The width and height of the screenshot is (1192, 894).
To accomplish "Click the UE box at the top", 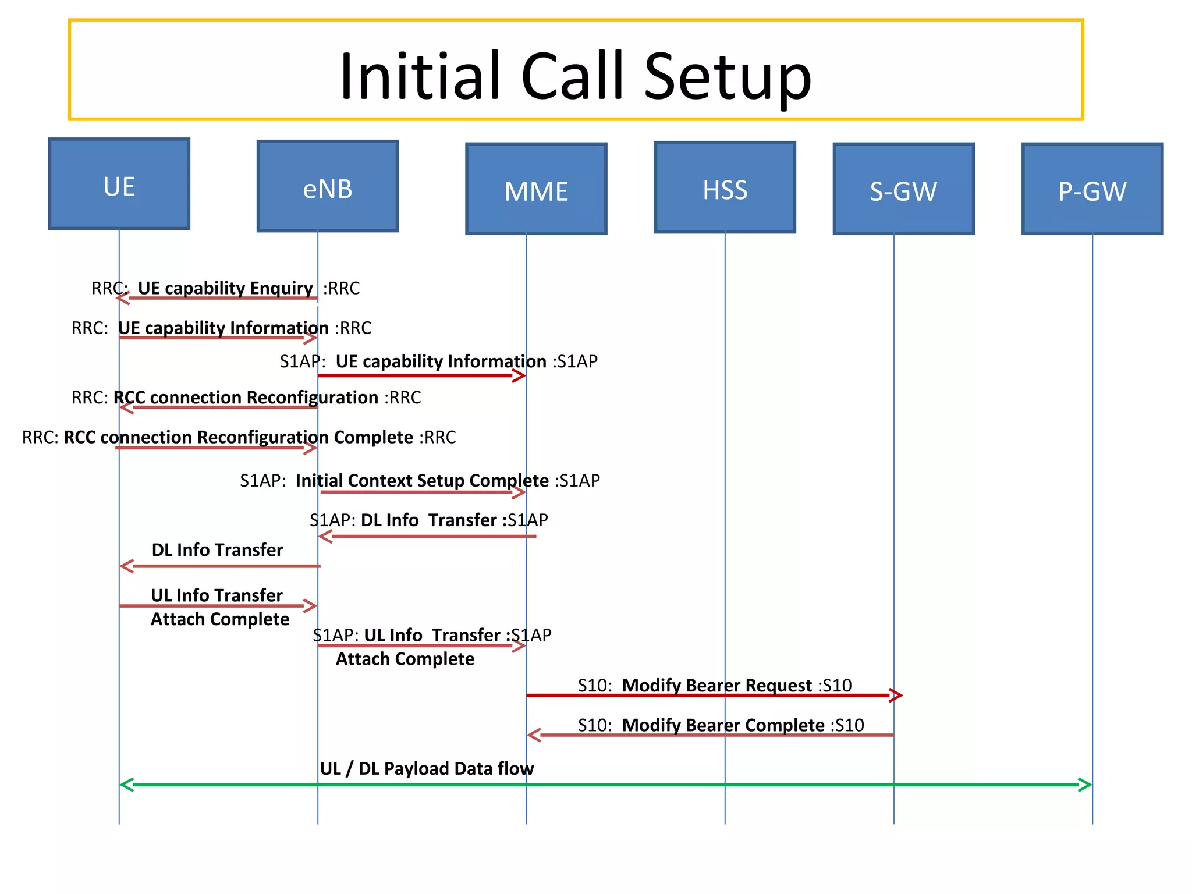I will point(119,184).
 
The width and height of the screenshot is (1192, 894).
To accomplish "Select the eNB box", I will point(328,186).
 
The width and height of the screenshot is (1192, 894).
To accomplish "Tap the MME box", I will point(536,189).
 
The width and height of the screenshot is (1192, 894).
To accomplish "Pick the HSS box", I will point(725,187).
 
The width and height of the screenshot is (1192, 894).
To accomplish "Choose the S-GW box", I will point(903,189).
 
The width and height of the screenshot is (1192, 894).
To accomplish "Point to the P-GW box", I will point(1092,189).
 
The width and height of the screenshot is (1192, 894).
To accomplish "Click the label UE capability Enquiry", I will point(225,288).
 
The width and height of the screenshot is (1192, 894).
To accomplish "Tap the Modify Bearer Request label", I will point(716,685).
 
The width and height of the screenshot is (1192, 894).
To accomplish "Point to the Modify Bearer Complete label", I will point(723,725).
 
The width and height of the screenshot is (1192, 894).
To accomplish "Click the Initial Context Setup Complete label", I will point(422,481).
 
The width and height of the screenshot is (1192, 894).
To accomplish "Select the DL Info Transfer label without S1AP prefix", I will point(217,550).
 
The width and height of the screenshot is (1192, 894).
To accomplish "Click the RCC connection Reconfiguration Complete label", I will point(238,437).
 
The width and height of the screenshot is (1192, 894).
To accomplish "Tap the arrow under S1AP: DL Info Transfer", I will point(427,536).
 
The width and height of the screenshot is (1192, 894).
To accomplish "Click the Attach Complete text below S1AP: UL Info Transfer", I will point(405,659).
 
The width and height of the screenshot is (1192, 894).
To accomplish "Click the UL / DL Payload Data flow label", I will point(427,769).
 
